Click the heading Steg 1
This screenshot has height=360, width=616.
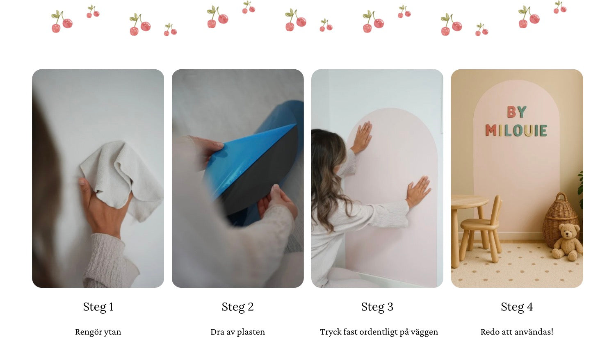tap(98, 307)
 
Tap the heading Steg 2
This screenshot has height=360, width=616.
tap(237, 307)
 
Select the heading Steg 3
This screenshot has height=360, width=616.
tap(377, 307)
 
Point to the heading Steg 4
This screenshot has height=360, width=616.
tap(517, 307)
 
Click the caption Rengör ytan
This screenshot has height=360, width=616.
tap(98, 332)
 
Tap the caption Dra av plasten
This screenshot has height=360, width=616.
tap(237, 332)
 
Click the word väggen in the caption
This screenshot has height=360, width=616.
tap(424, 332)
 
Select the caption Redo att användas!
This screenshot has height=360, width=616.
tap(517, 332)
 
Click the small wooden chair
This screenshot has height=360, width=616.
tap(481, 230)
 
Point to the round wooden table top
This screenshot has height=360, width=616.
tap(469, 202)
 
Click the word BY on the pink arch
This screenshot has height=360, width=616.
tap(517, 112)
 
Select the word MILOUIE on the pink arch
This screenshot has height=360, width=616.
tap(516, 130)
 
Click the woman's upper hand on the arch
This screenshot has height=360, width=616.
tap(362, 137)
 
